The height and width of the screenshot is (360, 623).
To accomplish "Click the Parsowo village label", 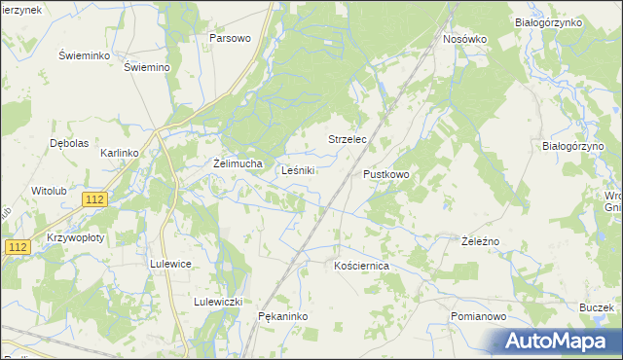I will [x=231, y=38].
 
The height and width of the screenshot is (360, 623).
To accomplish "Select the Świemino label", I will [x=148, y=67].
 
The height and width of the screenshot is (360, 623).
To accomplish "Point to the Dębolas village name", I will [x=69, y=142].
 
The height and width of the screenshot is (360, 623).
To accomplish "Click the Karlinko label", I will [x=122, y=154].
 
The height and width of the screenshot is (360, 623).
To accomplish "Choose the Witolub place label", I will [x=49, y=191].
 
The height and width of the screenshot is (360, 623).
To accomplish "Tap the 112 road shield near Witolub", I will [x=94, y=199].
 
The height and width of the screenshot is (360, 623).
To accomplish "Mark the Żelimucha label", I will [x=238, y=163].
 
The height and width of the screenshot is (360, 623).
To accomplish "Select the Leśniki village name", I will [x=298, y=170].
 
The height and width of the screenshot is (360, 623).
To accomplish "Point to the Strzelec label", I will [x=347, y=140].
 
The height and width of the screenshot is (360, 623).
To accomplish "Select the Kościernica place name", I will [x=361, y=265].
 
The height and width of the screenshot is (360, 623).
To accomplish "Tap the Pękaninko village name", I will [x=284, y=317].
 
